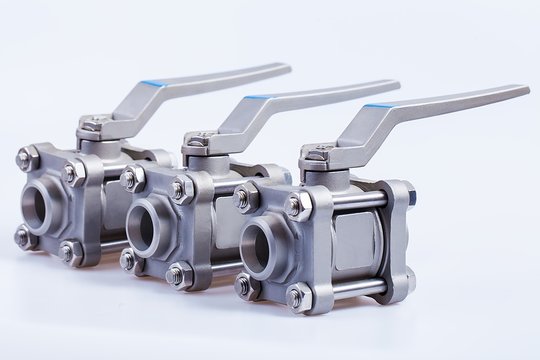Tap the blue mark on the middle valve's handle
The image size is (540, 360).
click(x=258, y=97)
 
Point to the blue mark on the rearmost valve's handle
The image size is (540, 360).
click(x=152, y=83)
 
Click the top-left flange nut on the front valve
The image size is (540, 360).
click(x=242, y=199)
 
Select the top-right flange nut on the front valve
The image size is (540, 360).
click(x=296, y=206)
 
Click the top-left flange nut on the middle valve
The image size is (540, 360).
click(x=129, y=179)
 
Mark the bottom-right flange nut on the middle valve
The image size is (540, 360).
click(x=177, y=274)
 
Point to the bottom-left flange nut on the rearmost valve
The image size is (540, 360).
click(x=22, y=237)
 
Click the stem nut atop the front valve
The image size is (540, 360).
click(x=318, y=153)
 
